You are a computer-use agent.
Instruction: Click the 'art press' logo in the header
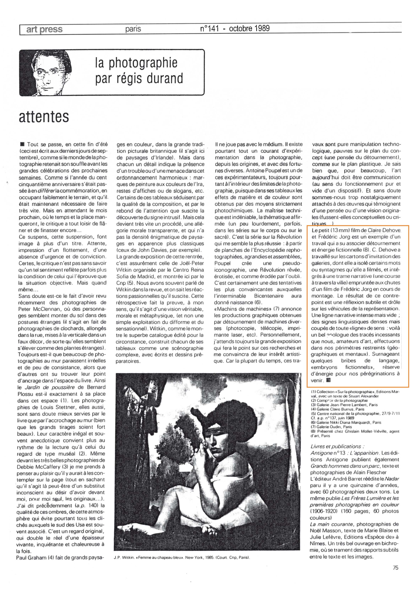(x=44, y=29)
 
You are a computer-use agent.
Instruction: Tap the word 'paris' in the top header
(x=133, y=29)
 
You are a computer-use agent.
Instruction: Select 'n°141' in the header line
(x=209, y=28)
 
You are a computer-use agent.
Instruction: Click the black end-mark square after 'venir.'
(x=329, y=380)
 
